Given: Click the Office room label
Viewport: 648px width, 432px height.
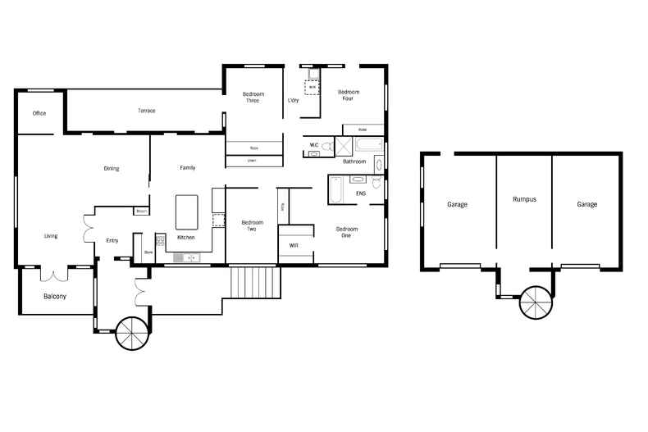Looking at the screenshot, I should pyautogui.click(x=39, y=113).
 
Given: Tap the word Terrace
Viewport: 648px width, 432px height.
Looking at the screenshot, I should pyautogui.click(x=146, y=111).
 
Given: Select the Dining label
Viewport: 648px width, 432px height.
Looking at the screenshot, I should pyautogui.click(x=112, y=169).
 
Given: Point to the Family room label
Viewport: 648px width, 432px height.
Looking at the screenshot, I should pyautogui.click(x=188, y=168).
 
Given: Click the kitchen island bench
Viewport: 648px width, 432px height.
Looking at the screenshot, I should pyautogui.click(x=188, y=211).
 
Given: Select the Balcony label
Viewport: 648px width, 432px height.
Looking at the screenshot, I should pyautogui.click(x=55, y=297).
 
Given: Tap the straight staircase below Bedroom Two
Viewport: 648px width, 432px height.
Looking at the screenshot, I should pyautogui.click(x=256, y=283).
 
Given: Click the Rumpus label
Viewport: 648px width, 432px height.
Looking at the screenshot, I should pyautogui.click(x=524, y=199).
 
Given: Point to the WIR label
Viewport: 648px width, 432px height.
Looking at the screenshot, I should pyautogui.click(x=294, y=244).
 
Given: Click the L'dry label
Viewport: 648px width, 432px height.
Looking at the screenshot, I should pyautogui.click(x=293, y=101).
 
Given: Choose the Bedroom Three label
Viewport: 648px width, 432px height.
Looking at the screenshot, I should pyautogui.click(x=253, y=98).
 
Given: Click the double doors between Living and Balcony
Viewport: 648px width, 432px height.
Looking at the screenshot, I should pyautogui.click(x=55, y=275).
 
